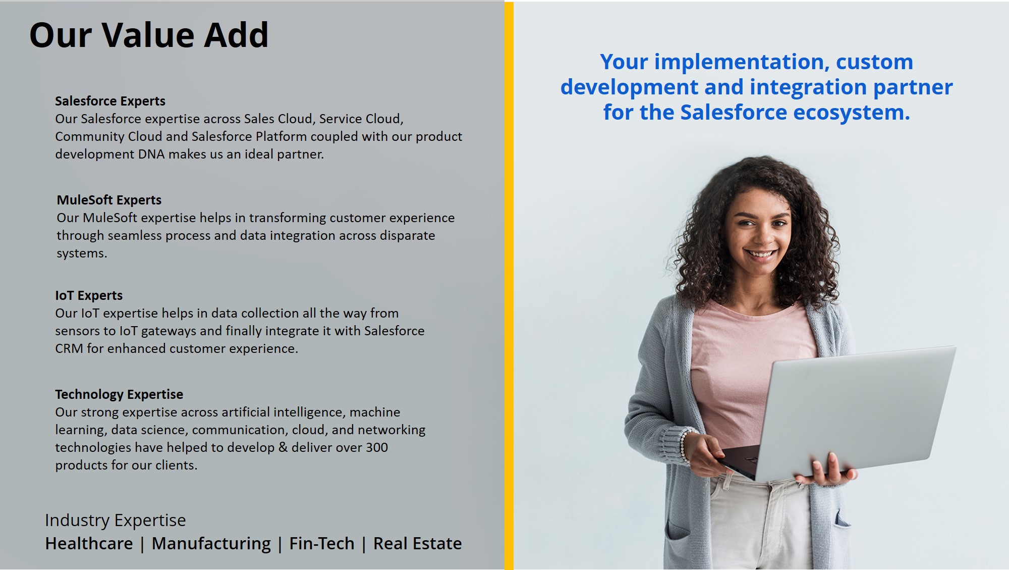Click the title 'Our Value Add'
[x=149, y=35]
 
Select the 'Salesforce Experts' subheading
[x=110, y=101]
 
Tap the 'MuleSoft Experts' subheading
[x=109, y=200]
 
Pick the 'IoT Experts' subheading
[x=89, y=295]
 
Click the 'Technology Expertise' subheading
[x=119, y=394]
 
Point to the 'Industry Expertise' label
[x=116, y=520]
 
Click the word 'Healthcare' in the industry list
[x=89, y=543]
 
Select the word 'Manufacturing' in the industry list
[x=211, y=544]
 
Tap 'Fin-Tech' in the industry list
[x=322, y=543]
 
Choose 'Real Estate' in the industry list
[x=417, y=543]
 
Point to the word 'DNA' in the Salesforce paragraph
[x=151, y=154]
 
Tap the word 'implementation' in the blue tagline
[x=739, y=62]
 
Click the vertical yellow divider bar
[x=509, y=286]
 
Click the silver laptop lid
[x=853, y=411]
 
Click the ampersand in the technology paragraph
[x=283, y=447]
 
